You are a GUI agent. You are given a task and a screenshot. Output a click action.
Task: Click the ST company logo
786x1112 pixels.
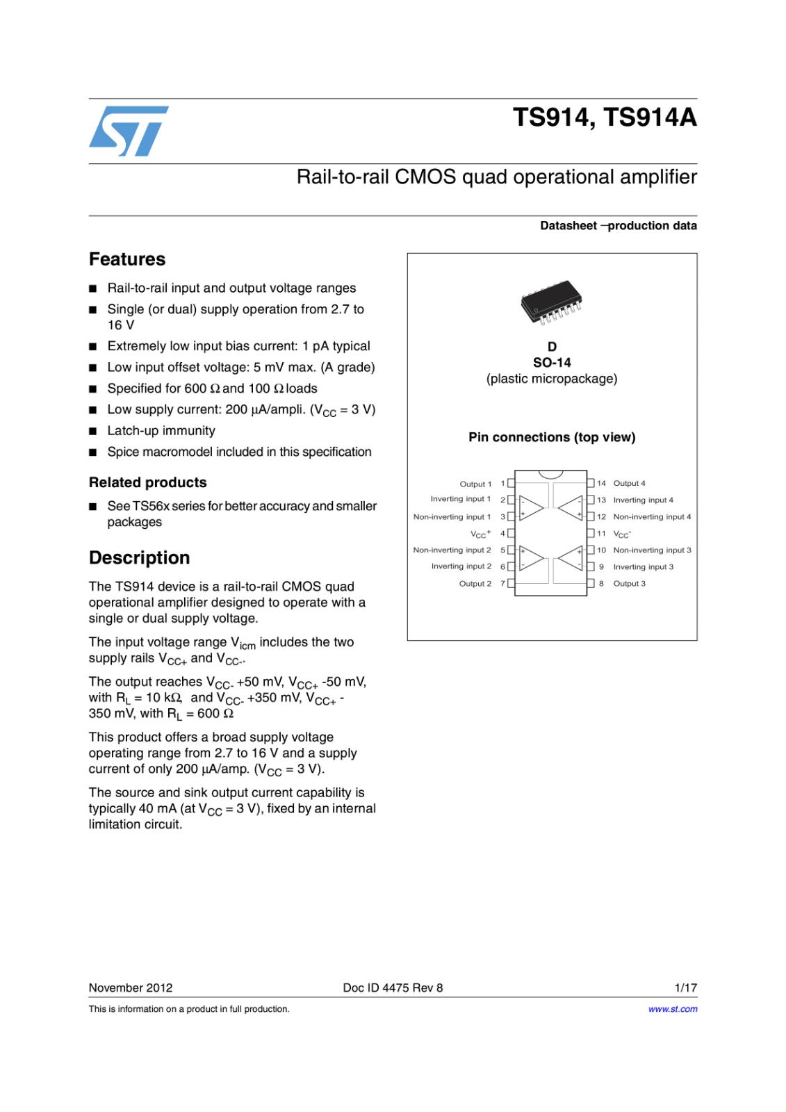click(x=129, y=131)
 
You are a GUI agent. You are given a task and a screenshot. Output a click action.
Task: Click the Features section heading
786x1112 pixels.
click(x=127, y=259)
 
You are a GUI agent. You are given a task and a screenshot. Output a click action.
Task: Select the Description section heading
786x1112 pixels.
click(x=139, y=558)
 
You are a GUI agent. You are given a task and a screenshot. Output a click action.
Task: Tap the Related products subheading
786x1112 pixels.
click(x=147, y=482)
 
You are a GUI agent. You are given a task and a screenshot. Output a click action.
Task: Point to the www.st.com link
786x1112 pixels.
click(x=672, y=1009)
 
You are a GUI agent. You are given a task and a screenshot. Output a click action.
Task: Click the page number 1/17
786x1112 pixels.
click(x=685, y=988)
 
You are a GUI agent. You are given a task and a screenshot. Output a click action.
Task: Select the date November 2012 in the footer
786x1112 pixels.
click(x=131, y=988)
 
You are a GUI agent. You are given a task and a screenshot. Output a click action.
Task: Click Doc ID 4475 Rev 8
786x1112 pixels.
click(x=393, y=988)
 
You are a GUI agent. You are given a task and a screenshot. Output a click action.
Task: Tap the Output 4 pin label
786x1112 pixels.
click(x=629, y=483)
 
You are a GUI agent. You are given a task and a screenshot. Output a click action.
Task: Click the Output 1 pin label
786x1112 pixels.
click(x=475, y=484)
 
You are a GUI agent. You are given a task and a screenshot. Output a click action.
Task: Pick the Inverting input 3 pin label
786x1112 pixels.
click(x=643, y=567)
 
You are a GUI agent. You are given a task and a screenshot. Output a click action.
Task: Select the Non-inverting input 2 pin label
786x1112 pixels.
click(x=452, y=550)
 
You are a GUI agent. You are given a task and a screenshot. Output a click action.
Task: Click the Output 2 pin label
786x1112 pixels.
click(x=475, y=584)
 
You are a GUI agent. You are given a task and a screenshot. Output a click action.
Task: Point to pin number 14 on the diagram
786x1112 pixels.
click(x=601, y=483)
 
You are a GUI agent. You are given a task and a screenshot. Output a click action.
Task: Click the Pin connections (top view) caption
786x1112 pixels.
click(x=552, y=437)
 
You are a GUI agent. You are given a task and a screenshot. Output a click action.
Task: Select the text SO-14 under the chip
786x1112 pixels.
click(x=552, y=363)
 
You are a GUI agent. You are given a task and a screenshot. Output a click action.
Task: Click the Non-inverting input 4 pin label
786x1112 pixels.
click(x=652, y=517)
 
